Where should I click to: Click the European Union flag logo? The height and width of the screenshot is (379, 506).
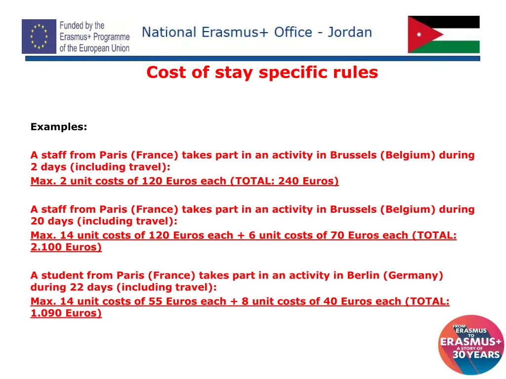(x=39, y=36)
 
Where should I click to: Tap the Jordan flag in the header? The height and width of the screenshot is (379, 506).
(x=443, y=34)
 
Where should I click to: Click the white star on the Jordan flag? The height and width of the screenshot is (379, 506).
(x=420, y=35)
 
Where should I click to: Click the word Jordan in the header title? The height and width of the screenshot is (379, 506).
(x=349, y=33)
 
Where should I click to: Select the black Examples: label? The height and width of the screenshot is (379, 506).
(x=58, y=127)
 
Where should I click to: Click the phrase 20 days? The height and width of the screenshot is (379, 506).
(x=52, y=221)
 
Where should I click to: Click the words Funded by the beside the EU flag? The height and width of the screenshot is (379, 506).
(x=82, y=25)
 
